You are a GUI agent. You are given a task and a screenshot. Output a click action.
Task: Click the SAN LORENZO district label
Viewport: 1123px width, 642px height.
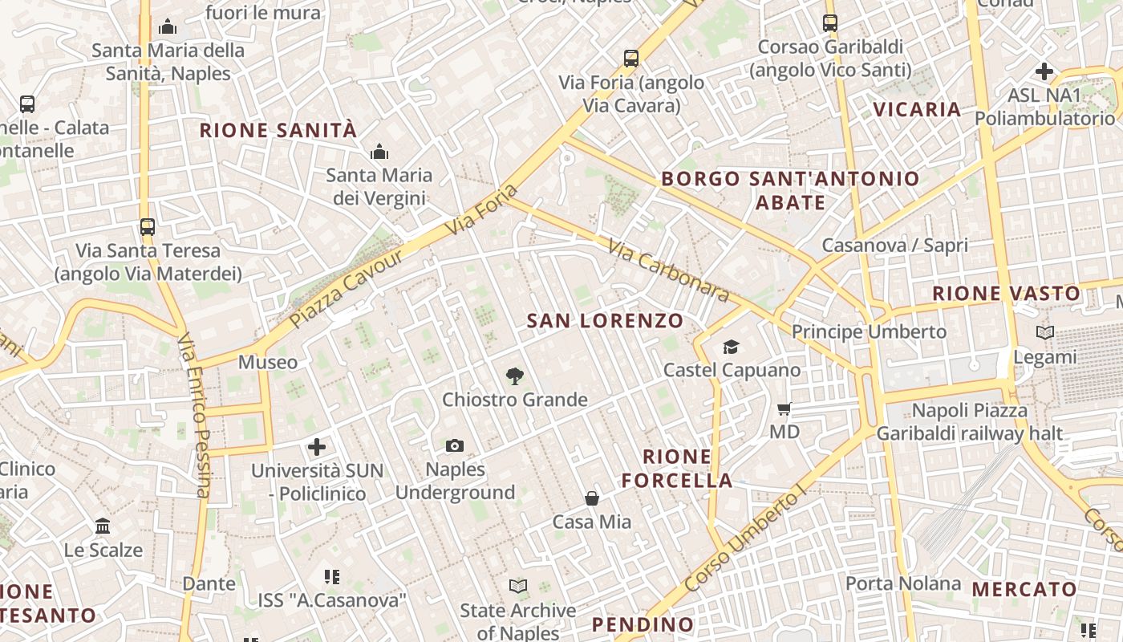pos(605,321)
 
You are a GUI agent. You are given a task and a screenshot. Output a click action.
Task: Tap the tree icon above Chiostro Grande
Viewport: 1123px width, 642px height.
pos(515,376)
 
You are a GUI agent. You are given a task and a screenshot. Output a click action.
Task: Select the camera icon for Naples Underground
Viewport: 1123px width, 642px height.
pos(455,445)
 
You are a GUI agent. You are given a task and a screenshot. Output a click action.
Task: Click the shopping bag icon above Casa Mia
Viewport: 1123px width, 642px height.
pos(592,498)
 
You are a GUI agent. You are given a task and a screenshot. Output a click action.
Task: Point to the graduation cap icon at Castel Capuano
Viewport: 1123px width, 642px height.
pos(731,347)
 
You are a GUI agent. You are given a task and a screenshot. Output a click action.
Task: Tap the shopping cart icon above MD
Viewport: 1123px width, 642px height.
pos(784,408)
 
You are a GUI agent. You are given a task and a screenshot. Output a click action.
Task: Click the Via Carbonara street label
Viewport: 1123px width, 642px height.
pos(668,270)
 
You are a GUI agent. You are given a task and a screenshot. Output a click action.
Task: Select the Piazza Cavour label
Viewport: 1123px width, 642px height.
pos(347,289)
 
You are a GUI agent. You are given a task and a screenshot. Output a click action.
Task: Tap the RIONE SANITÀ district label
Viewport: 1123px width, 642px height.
pos(278,130)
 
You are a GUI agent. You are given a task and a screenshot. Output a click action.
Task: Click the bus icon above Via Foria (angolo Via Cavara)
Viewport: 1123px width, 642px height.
pos(631,59)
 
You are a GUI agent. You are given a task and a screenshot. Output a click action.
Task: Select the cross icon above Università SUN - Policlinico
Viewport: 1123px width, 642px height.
pos(317,446)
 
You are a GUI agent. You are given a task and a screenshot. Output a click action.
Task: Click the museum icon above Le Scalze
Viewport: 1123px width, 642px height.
pos(103,526)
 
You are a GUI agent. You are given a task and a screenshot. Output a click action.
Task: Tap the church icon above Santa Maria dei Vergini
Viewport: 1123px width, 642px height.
pos(379,152)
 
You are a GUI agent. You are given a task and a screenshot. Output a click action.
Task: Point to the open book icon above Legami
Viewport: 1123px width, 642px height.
pos(1045,332)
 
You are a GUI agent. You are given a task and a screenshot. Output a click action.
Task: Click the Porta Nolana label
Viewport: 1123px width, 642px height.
pos(903,583)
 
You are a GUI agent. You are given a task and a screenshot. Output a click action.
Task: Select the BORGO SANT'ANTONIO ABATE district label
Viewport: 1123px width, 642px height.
pos(790,190)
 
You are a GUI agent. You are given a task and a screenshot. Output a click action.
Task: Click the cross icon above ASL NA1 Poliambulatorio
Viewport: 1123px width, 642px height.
pos(1044,71)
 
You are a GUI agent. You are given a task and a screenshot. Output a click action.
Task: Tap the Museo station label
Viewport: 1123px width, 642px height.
pos(268,363)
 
